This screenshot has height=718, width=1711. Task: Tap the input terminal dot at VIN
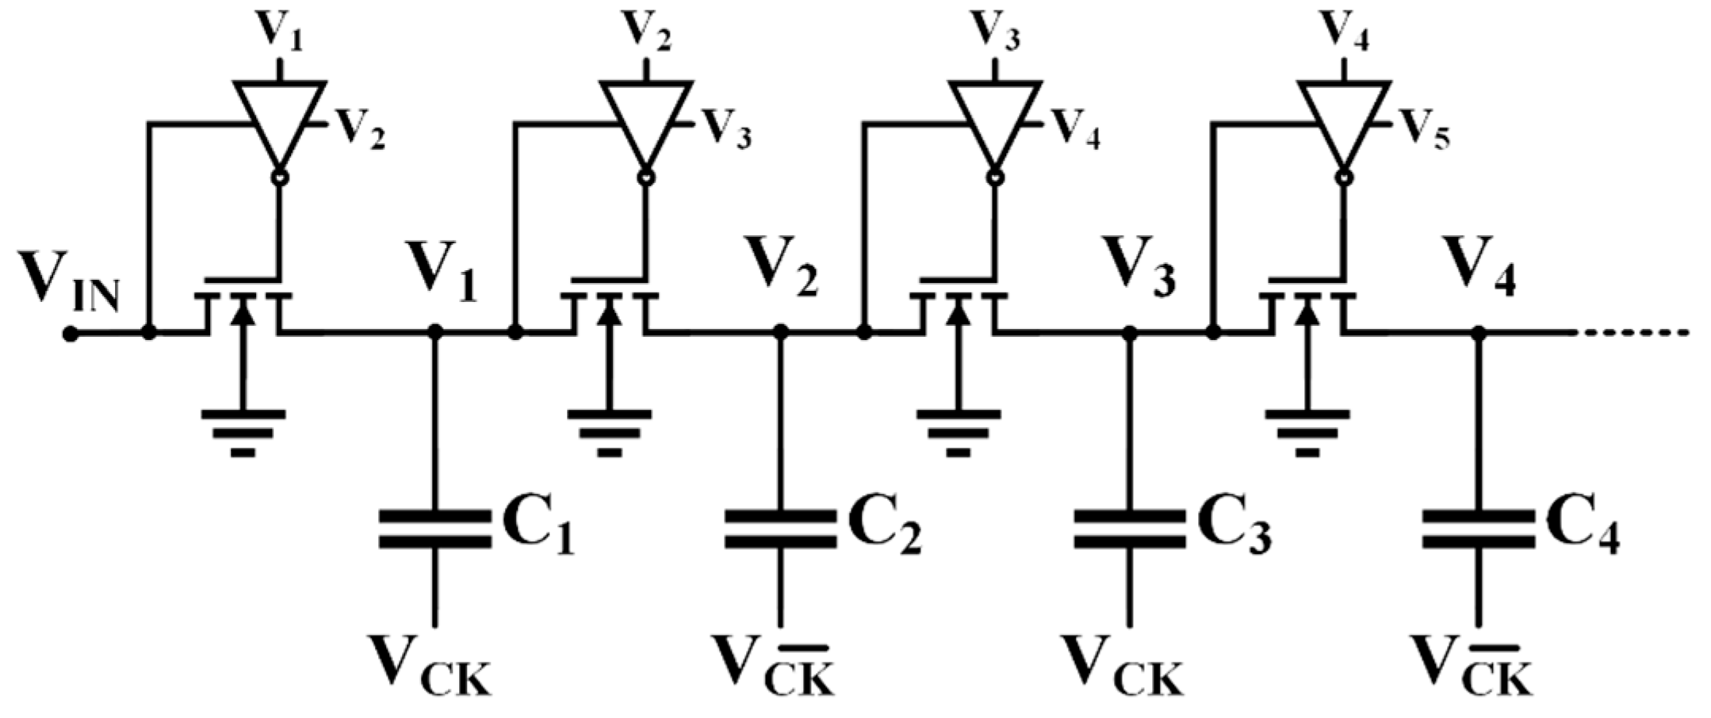coord(71,334)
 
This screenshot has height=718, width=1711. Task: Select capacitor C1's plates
coord(434,529)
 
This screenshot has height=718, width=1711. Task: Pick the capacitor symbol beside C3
coord(1129,529)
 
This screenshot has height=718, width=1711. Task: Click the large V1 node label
coord(442,273)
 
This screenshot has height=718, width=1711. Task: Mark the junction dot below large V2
coord(780,333)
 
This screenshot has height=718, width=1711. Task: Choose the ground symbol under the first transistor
coord(243,432)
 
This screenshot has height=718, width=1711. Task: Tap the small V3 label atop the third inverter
coord(996,30)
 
